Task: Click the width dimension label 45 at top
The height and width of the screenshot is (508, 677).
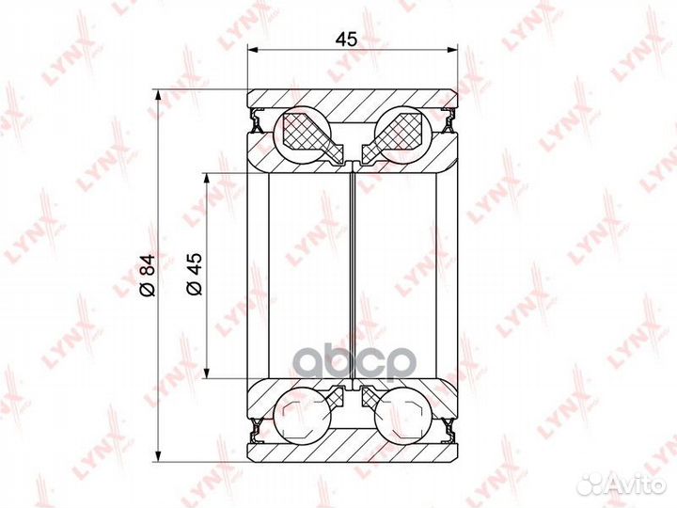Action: click(347, 39)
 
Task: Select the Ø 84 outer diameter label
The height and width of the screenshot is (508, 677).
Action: click(148, 275)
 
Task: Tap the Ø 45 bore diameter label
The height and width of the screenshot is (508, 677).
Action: click(195, 274)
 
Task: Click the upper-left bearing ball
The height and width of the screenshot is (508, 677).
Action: click(303, 135)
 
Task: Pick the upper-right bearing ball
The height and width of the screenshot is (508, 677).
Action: click(403, 135)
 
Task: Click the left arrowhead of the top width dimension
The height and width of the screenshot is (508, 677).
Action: click(253, 51)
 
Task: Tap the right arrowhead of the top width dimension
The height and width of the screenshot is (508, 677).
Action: click(451, 51)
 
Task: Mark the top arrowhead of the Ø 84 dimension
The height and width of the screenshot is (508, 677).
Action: click(159, 95)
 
